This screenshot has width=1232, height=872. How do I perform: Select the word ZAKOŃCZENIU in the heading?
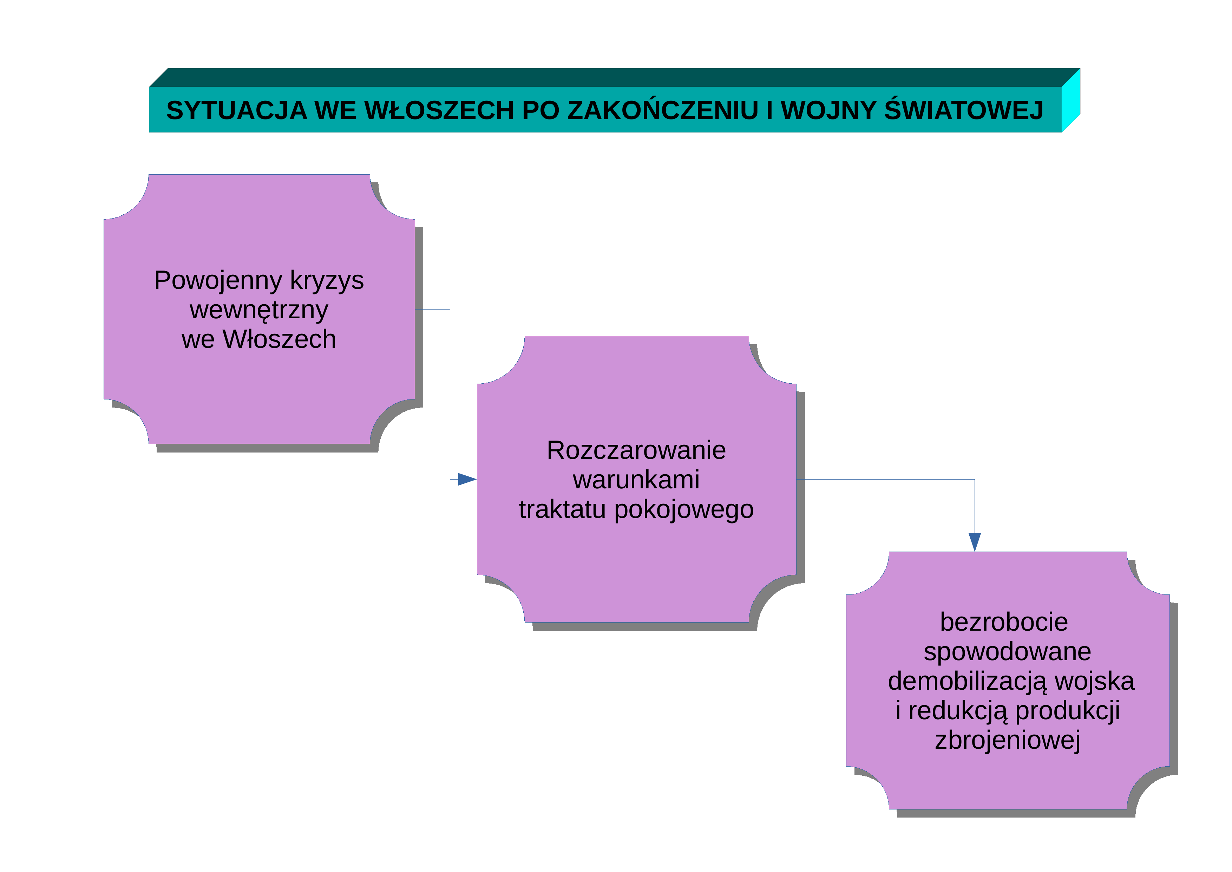click(663, 110)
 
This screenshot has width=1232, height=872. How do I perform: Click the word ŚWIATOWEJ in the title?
click(964, 110)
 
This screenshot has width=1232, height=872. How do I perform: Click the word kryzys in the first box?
click(327, 281)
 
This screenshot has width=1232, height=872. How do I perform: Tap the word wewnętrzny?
click(258, 310)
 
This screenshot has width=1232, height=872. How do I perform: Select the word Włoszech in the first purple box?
click(280, 339)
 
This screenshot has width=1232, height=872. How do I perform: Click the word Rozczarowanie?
click(636, 450)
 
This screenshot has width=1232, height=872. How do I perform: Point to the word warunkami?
click(636, 480)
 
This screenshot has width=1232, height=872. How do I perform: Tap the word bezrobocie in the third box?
click(1004, 622)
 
